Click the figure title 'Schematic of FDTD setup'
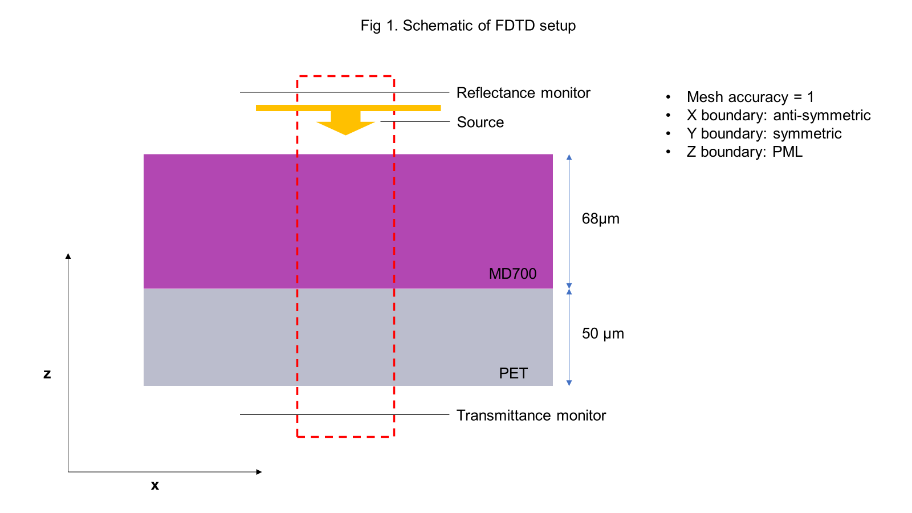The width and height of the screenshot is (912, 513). point(468,26)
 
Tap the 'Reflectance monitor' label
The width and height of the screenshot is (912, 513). point(523,93)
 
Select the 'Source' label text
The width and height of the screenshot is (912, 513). point(480,123)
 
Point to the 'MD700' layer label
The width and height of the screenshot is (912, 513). point(512,274)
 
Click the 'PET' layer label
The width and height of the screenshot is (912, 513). point(513,373)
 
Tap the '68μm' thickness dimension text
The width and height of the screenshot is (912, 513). point(600,219)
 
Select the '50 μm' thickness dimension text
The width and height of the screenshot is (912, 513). point(602,333)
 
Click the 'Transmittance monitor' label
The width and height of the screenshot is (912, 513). point(531,416)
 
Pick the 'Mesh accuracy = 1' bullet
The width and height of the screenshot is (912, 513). point(750,97)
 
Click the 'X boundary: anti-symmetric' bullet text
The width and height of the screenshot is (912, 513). point(778,115)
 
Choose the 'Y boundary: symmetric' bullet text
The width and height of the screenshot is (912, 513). point(764,133)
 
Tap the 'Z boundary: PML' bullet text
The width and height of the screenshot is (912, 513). point(744,152)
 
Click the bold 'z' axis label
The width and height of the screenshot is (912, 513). point(47,374)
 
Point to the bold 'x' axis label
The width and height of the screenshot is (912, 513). point(154,486)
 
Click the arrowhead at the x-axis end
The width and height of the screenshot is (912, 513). point(259,472)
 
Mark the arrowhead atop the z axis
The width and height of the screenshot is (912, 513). point(68,256)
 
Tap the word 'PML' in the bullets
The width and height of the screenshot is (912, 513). point(787,152)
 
